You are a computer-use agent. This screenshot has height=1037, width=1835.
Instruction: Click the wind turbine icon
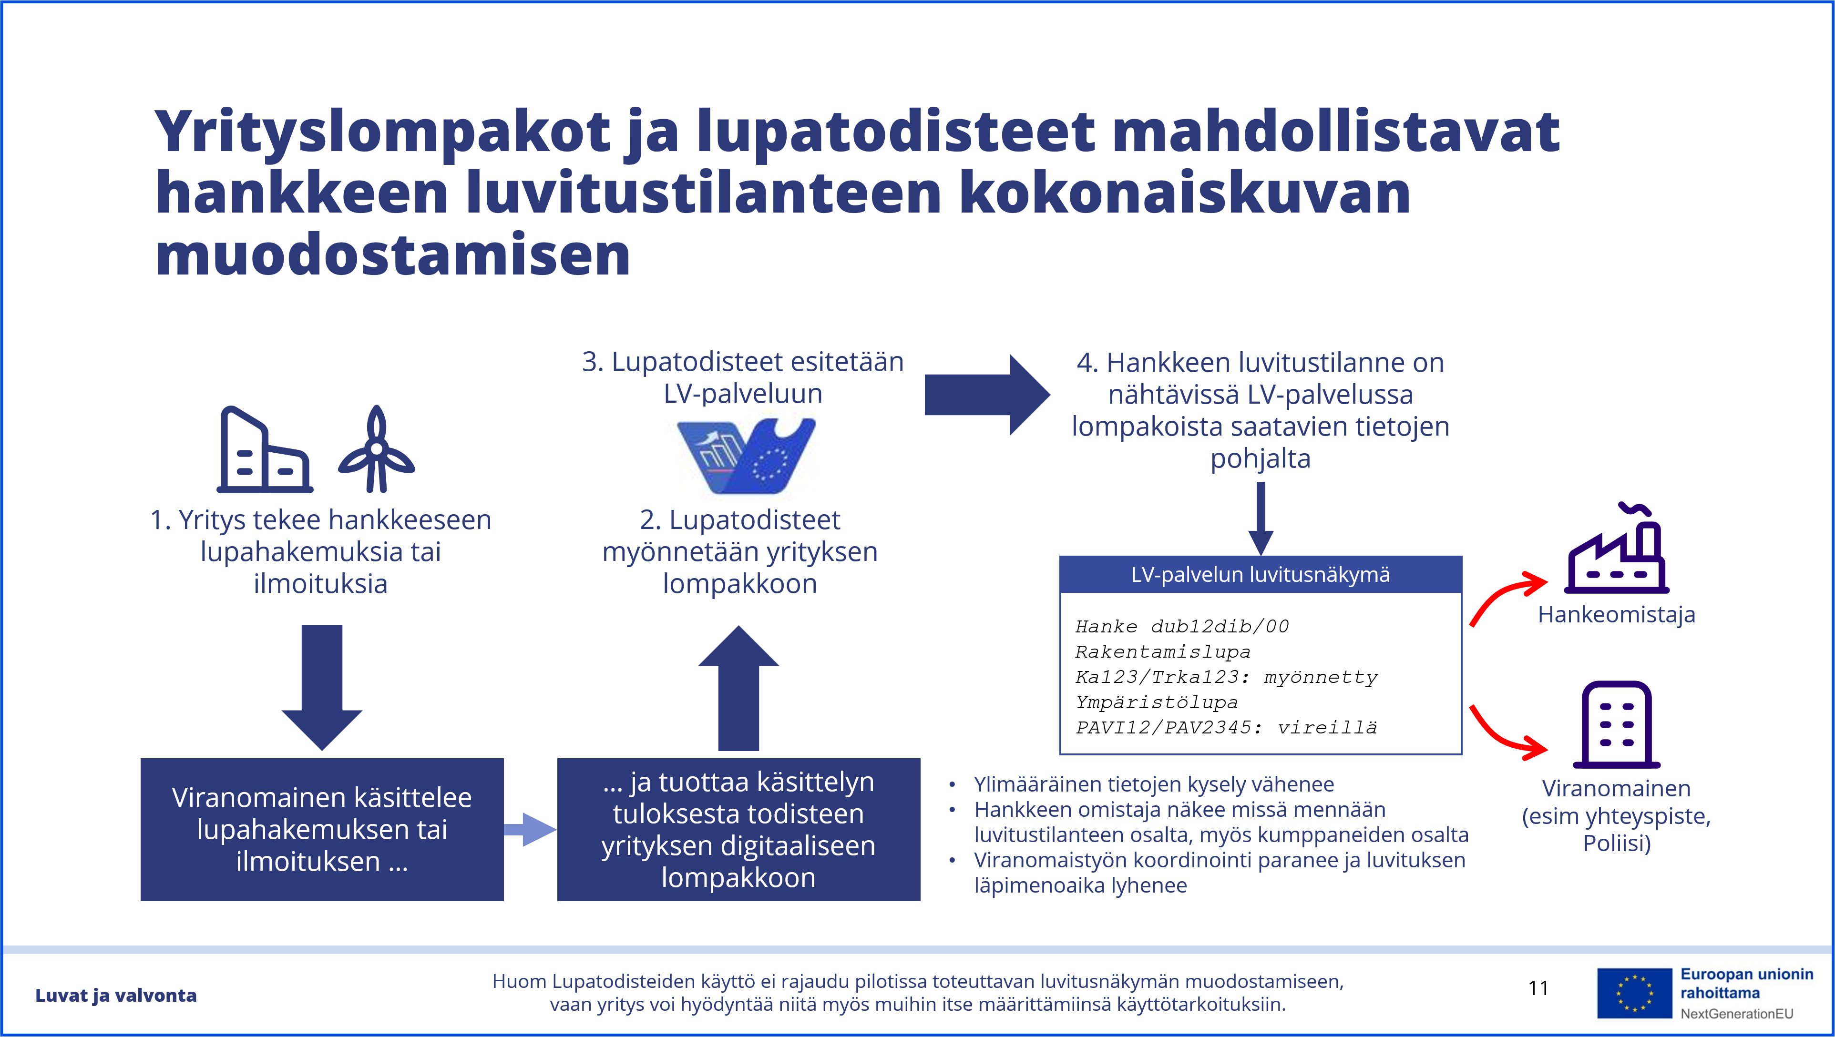pos(376,450)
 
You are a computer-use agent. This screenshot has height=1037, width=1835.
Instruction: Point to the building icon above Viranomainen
pos(1616,724)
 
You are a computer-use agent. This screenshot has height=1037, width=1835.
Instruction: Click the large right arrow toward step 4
pos(986,395)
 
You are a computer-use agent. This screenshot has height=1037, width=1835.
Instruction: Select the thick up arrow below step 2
pos(738,687)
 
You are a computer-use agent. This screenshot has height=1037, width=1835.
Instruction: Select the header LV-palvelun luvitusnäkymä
pos(1260,575)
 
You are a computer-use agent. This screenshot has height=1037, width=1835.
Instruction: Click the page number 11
pos(1538,988)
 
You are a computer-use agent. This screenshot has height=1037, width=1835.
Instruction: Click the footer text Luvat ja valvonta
pos(116,995)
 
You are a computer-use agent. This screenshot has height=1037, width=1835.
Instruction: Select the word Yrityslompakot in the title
pos(382,133)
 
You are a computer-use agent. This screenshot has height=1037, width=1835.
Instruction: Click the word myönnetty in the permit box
pos(1321,677)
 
